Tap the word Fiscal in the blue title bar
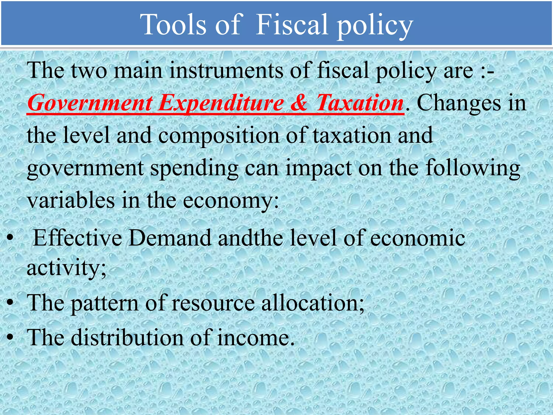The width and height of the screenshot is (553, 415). tap(291, 25)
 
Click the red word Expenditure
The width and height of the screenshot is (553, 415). tap(221, 103)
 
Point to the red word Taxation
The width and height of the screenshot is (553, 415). tap(359, 103)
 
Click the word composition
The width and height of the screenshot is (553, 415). tap(218, 136)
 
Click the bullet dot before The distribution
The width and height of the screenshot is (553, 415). tap(11, 337)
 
